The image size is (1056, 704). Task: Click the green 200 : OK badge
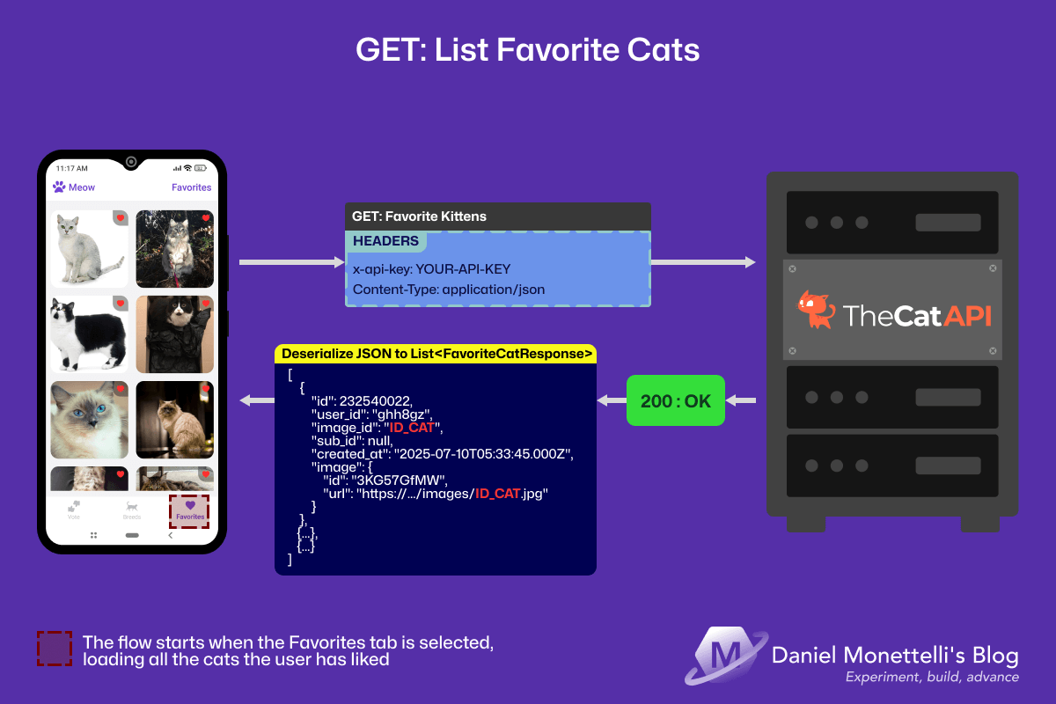pos(676,401)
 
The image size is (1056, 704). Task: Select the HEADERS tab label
pos(385,241)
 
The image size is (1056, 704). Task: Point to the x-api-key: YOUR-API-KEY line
pos(431,269)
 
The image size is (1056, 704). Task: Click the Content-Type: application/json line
pos(449,289)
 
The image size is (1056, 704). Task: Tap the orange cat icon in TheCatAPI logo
pos(815,310)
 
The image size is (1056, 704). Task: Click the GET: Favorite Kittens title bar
pos(419,216)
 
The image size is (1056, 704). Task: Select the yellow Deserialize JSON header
pos(436,354)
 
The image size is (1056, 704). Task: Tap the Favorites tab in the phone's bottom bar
pos(190,510)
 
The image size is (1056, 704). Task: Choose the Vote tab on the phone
pos(74,510)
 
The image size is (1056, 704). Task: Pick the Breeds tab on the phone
pos(132,510)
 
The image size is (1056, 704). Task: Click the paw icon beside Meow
pos(59,187)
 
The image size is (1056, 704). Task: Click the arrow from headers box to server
pos(702,262)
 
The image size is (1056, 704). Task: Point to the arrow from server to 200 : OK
pos(741,401)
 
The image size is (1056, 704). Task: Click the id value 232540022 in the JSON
pos(380,400)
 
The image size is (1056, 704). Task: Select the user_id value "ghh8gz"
pos(401,414)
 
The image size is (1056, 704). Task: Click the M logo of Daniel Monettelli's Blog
pos(722,656)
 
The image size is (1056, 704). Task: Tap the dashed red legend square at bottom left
pos(54,649)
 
